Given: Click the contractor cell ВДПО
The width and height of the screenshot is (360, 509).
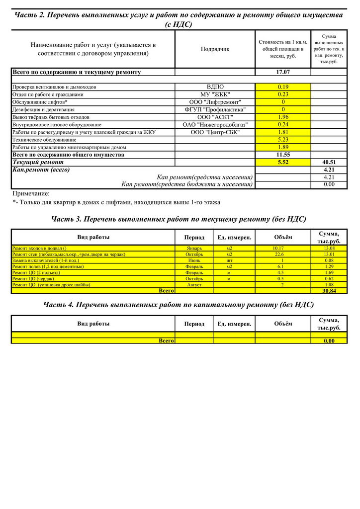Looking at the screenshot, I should coord(215,87).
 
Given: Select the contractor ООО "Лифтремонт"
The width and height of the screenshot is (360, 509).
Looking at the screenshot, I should coord(215,102).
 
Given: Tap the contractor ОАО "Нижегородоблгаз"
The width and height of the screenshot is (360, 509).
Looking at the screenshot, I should coord(215,125).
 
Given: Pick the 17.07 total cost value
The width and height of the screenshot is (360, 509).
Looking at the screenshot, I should coord(283,72).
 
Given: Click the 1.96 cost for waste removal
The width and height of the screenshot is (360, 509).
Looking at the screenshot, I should coord(283,117).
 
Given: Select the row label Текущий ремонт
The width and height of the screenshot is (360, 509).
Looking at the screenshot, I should coord(38,162).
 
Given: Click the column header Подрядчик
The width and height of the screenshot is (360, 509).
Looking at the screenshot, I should coord(215,49).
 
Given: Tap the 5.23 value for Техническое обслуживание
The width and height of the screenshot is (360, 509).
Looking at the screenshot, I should coord(283,140).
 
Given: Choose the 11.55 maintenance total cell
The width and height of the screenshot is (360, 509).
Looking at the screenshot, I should coord(283,155).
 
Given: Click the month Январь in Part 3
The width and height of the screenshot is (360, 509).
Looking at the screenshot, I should coord(194,248).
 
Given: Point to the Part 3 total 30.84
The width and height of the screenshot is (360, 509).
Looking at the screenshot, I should coord(329,291).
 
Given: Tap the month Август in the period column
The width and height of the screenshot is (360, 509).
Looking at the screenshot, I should coord(194,284).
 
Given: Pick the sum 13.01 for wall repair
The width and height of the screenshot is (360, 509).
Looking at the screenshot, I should coord(329,254).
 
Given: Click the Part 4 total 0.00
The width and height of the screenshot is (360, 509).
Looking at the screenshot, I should coord(329,340).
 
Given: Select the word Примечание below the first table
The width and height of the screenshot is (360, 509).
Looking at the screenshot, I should coord(31,193).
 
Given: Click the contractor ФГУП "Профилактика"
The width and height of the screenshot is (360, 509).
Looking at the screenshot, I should coord(215,109).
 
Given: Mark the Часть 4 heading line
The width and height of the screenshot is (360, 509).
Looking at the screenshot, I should coord(179,304).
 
